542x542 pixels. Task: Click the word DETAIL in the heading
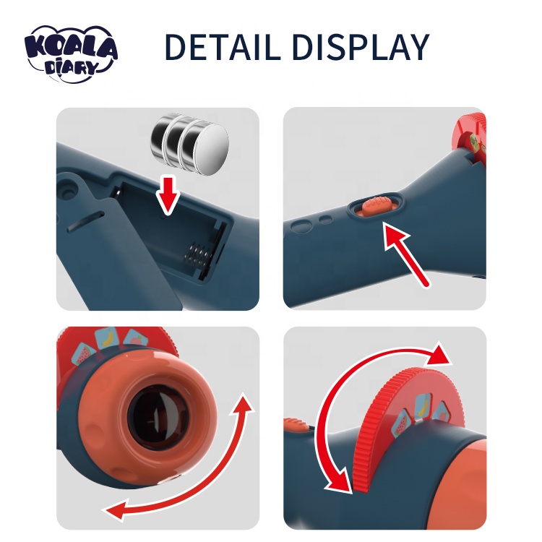click(x=223, y=47)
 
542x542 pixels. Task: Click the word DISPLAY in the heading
click(x=361, y=47)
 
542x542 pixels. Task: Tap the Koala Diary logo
click(x=71, y=53)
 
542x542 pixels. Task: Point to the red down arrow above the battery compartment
click(x=168, y=195)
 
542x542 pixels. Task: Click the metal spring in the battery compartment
click(x=197, y=257)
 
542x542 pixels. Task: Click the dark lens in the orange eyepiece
click(x=158, y=416)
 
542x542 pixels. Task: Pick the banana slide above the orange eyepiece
click(x=106, y=337)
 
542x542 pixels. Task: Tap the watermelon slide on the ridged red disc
click(x=400, y=423)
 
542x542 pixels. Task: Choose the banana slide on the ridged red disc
click(x=423, y=406)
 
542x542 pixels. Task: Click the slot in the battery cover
click(x=86, y=220)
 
